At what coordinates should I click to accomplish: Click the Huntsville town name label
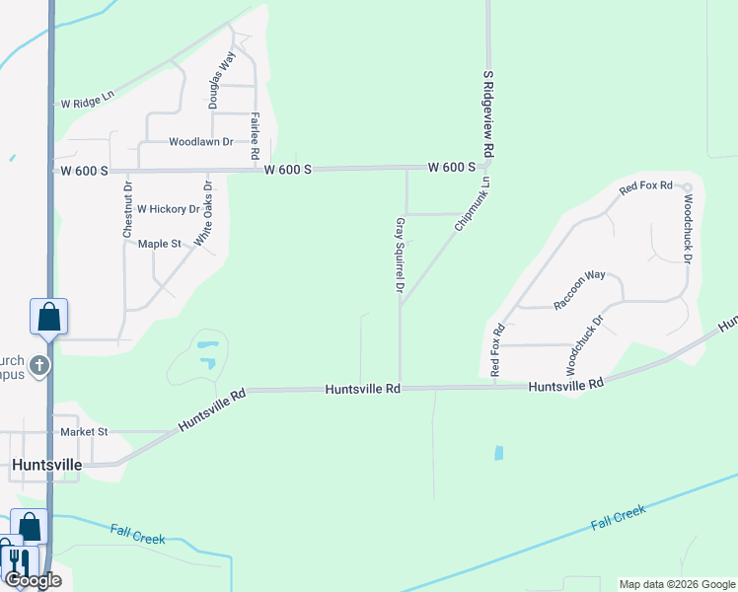pos(46,464)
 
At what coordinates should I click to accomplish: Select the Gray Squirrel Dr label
pos(401,258)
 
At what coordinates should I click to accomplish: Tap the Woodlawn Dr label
pos(200,142)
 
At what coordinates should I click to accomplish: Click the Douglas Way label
pos(220,80)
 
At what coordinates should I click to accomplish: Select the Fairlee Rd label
pos(255,136)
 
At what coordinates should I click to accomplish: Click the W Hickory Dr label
pos(168,209)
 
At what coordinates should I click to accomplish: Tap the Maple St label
pos(160,244)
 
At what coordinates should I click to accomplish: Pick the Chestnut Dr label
pos(127,209)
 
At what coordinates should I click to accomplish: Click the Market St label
pos(84,432)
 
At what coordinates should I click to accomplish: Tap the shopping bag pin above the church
pos(48,317)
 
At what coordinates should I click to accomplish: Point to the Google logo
pos(33,580)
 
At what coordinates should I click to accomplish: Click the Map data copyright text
pos(676,584)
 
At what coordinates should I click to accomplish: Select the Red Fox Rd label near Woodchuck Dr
pos(645,185)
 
